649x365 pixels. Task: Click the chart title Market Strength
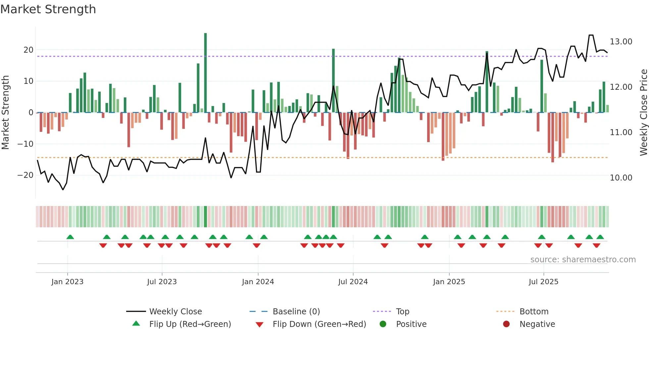pyautogui.click(x=48, y=9)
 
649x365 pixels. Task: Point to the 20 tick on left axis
pyautogui.click(x=28, y=50)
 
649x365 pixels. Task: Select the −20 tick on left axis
pyautogui.click(x=25, y=175)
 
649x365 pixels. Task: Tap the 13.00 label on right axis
pyautogui.click(x=621, y=42)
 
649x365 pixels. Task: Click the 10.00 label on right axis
pyautogui.click(x=621, y=178)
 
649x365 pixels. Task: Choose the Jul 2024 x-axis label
pyautogui.click(x=353, y=282)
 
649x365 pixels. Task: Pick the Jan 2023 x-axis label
pyautogui.click(x=67, y=282)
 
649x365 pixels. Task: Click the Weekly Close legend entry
pyautogui.click(x=175, y=312)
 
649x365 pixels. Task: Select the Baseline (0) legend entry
pyautogui.click(x=296, y=312)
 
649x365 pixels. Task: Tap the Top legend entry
pyautogui.click(x=402, y=312)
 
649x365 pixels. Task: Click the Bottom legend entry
pyautogui.click(x=534, y=312)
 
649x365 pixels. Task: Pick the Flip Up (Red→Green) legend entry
pyautogui.click(x=190, y=324)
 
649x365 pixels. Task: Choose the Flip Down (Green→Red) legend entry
pyautogui.click(x=319, y=324)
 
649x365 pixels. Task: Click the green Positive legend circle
pyautogui.click(x=383, y=324)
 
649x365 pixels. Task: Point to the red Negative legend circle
pyautogui.click(x=506, y=324)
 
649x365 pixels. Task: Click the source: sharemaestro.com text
pyautogui.click(x=583, y=260)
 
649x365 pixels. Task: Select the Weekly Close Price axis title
pyautogui.click(x=643, y=113)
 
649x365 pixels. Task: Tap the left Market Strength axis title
pyautogui.click(x=5, y=113)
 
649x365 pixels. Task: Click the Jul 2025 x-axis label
pyautogui.click(x=543, y=282)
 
